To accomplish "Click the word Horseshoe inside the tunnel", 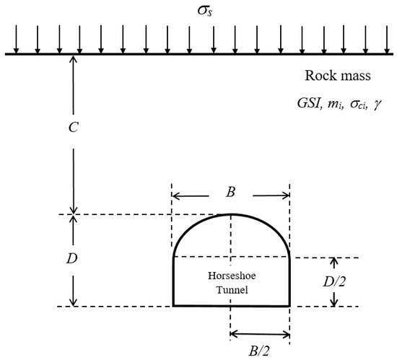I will pyautogui.click(x=230, y=276).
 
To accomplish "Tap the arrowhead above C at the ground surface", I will pyautogui.click(x=72, y=59).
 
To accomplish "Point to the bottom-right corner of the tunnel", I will pyautogui.click(x=290, y=305).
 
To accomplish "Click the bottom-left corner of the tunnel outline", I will pyautogui.click(x=173, y=305).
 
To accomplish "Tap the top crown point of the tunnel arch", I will pyautogui.click(x=230, y=214).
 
